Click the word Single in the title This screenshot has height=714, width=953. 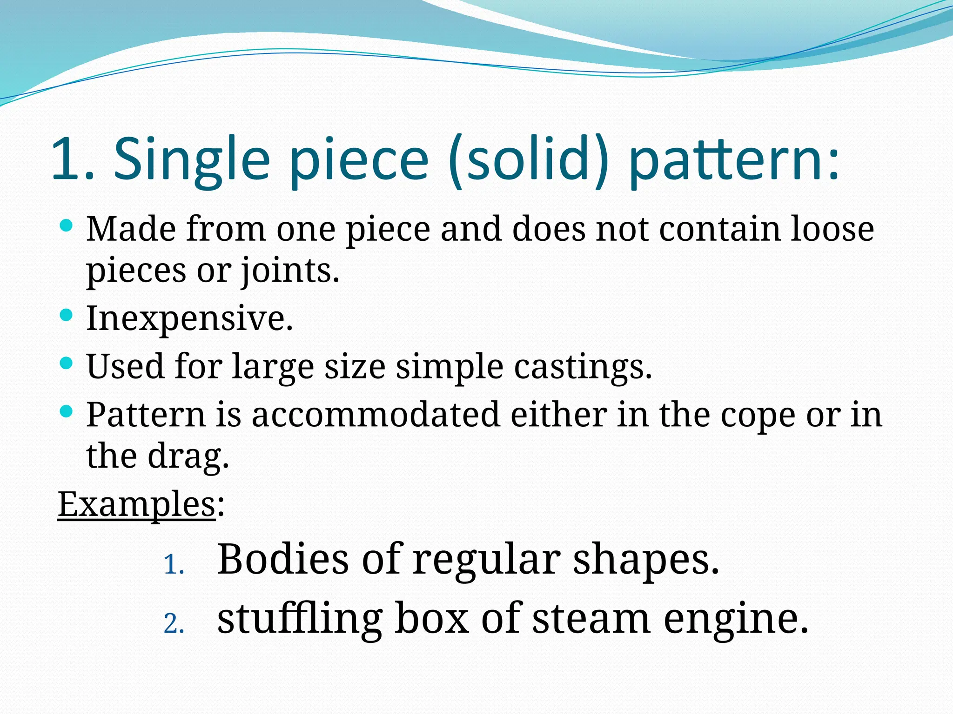tap(192, 159)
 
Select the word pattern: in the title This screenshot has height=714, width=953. tap(734, 159)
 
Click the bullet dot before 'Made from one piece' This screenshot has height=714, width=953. tap(67, 226)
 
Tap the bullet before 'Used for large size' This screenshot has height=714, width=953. tap(67, 363)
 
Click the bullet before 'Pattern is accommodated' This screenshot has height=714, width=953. tap(67, 411)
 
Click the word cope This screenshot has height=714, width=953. tap(758, 415)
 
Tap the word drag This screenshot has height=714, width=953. tap(188, 456)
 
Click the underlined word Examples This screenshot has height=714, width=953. tap(136, 504)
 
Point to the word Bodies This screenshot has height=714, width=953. tap(283, 559)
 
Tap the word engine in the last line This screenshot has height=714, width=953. tap(736, 620)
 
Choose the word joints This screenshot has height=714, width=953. tap(289, 271)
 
